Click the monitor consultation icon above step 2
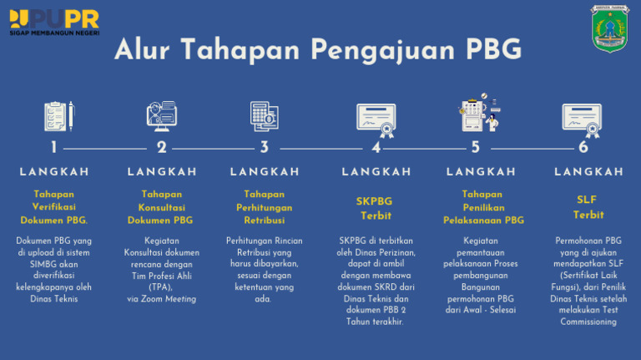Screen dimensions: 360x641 161,116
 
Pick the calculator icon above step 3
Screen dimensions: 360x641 264,116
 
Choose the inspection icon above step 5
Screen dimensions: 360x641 478,115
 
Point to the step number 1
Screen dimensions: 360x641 54,148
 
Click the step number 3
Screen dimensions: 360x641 265,148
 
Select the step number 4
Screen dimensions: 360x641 376,148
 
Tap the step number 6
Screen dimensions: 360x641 583,148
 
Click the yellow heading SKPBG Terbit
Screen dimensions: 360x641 375,207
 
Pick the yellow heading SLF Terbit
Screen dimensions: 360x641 588,207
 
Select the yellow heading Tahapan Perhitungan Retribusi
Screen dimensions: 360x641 265,207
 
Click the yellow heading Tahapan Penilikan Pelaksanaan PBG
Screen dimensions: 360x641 483,207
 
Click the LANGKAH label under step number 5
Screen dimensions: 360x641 482,172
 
